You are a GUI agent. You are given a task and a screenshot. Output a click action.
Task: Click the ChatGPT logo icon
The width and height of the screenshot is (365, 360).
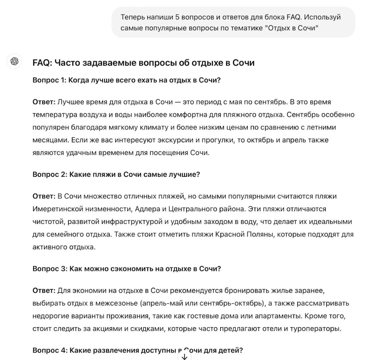[15, 61]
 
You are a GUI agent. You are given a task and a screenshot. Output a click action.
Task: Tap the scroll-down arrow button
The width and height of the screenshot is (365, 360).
[184, 357]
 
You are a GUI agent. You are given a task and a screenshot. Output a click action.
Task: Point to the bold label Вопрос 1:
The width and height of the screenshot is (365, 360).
[49, 80]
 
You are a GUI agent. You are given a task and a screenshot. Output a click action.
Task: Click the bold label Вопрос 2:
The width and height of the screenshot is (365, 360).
[50, 174]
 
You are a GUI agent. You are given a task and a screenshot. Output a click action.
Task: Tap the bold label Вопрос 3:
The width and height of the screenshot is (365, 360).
[50, 269]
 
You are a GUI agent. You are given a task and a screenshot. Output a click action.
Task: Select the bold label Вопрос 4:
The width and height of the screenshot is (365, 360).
[50, 351]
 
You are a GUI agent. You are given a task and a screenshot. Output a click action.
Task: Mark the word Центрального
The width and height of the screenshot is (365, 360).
[193, 209]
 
